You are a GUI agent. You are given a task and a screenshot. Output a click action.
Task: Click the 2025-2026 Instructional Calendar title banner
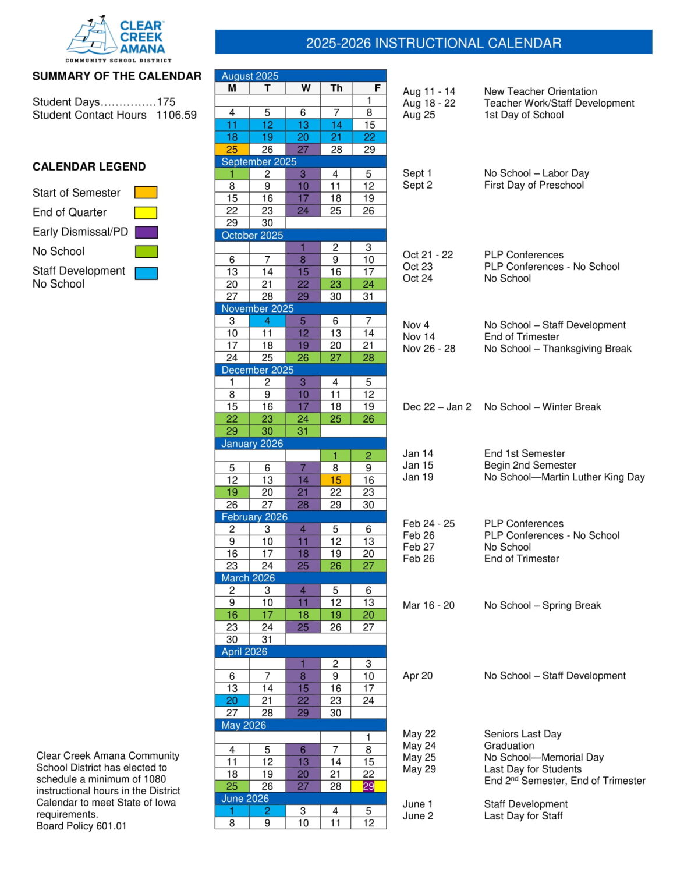[x=433, y=42]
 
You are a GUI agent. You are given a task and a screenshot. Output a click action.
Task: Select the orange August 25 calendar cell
[x=232, y=150]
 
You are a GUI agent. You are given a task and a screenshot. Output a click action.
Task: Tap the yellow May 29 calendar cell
[x=368, y=786]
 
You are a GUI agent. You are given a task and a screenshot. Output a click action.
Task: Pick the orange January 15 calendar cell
[x=335, y=480]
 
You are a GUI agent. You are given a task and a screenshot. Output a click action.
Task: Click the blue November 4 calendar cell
[x=267, y=321]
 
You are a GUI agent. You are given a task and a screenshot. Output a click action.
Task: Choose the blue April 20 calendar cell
[x=232, y=701]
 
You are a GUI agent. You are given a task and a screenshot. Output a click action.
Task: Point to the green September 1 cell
[x=232, y=174]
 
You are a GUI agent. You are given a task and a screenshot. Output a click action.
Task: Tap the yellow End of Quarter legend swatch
[x=146, y=212]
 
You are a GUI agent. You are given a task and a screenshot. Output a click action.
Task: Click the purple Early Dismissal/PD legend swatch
[x=146, y=232]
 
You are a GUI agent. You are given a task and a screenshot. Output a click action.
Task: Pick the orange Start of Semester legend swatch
[x=146, y=193]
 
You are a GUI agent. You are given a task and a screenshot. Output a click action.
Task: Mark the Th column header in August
[x=336, y=88]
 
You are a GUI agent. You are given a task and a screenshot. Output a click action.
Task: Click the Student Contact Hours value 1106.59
[x=176, y=115]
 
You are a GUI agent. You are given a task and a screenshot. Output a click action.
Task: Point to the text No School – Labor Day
[x=536, y=173]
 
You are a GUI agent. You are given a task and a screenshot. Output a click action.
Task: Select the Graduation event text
[x=509, y=746]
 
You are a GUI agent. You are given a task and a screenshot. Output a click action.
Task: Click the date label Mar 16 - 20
[x=428, y=605]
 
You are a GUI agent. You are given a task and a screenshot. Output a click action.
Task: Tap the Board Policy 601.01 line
[x=81, y=826]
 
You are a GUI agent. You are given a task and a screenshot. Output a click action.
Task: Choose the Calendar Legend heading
[x=89, y=166]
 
